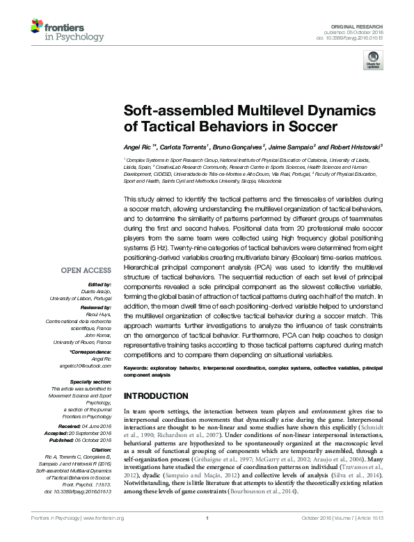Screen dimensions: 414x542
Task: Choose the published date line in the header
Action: tap(359, 31)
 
